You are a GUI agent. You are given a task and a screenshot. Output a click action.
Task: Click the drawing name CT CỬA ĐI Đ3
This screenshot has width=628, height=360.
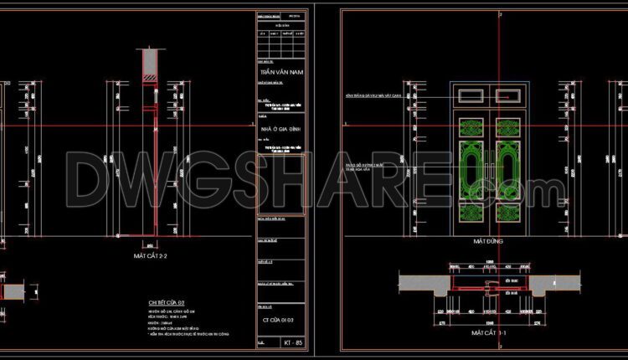coord(279,321)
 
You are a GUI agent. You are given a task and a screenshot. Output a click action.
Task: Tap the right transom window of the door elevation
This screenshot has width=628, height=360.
coord(509,97)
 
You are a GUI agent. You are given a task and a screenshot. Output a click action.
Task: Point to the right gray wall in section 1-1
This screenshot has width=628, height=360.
coord(553,285)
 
